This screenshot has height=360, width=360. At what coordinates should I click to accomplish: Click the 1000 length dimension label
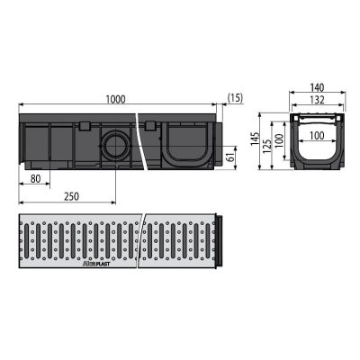click(x=116, y=99)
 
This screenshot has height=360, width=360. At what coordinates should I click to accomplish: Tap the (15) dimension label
click(x=235, y=98)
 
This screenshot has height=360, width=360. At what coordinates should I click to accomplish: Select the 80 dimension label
click(x=35, y=179)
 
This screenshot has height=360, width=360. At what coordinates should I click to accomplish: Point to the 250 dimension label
click(x=71, y=197)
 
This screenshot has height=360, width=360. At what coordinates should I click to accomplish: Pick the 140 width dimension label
click(x=318, y=87)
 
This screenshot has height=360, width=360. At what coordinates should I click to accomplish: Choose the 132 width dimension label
click(x=318, y=100)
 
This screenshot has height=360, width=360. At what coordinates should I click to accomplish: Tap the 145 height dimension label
click(x=255, y=139)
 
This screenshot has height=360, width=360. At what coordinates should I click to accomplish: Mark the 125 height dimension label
click(x=267, y=146)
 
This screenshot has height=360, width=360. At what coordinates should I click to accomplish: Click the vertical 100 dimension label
click(x=279, y=140)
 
